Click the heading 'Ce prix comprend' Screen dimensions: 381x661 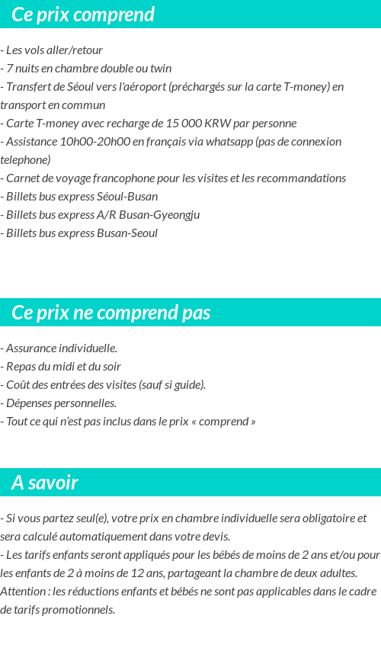click(x=83, y=14)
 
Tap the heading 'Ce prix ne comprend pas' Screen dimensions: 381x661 click(x=111, y=313)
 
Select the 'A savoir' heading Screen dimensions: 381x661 click(x=45, y=483)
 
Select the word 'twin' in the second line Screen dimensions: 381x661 click(x=161, y=69)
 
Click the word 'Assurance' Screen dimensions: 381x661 click(x=34, y=348)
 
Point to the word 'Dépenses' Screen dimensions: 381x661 click(x=29, y=403)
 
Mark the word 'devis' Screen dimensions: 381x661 click(x=213, y=537)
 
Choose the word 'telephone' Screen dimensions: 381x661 click(x=25, y=160)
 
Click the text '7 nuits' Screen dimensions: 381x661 click(x=25, y=69)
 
